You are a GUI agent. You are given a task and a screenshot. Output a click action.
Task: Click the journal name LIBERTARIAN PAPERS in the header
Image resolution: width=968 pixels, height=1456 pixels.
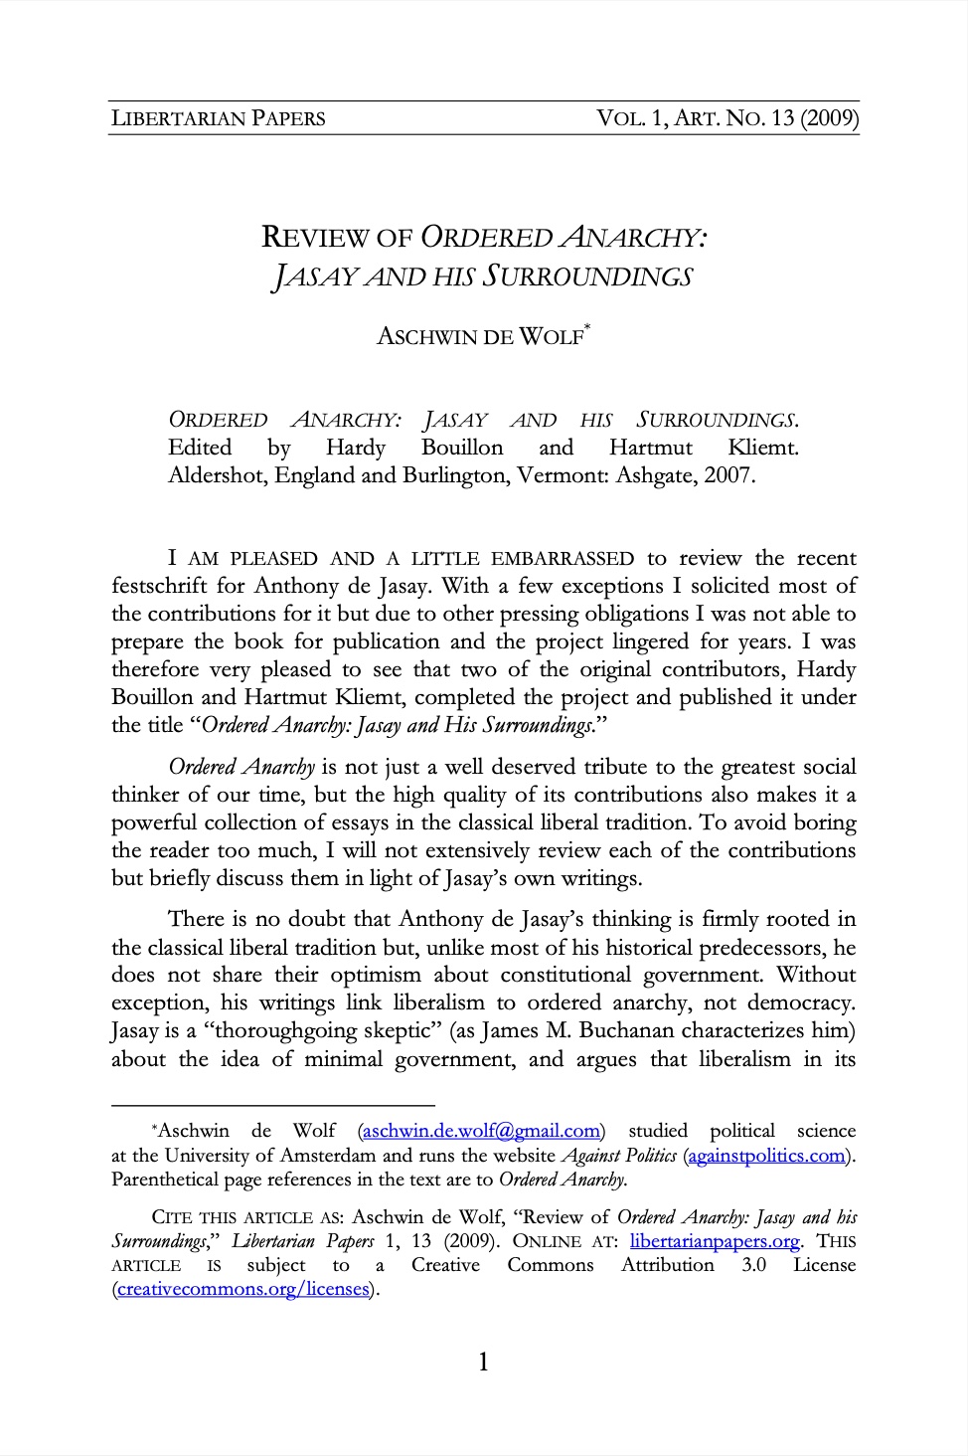coord(218,118)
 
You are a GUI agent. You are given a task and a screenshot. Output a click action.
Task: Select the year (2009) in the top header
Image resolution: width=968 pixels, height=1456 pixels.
coord(829,118)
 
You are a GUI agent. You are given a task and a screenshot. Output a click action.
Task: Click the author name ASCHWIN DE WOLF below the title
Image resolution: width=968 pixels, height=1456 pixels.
coord(479,337)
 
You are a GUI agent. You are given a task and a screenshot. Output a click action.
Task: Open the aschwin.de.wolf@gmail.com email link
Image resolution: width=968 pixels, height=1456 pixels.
coord(481,1131)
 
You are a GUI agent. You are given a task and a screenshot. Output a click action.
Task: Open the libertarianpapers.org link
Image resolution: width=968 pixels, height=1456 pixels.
coord(715,1241)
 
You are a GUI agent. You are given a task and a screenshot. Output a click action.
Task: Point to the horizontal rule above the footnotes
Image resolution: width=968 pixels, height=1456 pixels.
coord(273,1104)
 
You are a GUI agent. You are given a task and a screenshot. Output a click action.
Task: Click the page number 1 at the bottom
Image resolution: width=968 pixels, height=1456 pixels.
coord(483,1363)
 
